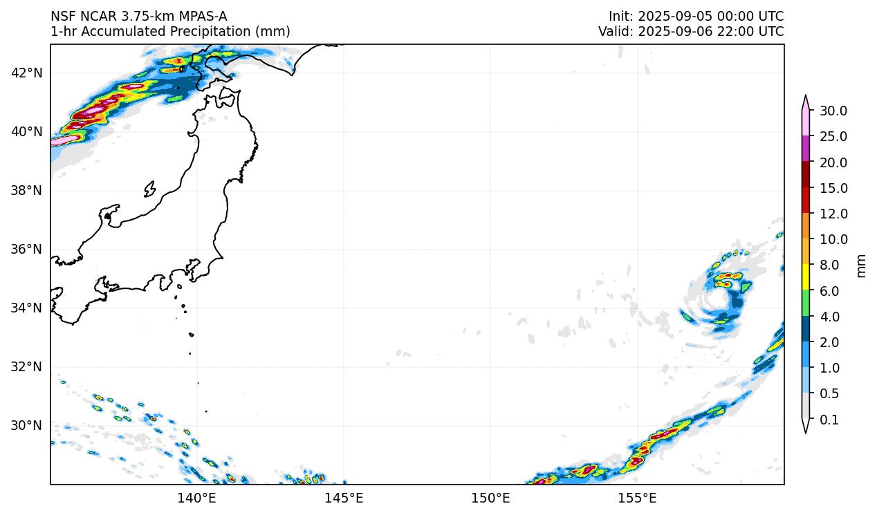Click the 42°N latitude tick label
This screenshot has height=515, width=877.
point(28,73)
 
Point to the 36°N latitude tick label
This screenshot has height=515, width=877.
point(28,249)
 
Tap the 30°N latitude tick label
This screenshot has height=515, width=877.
point(28,425)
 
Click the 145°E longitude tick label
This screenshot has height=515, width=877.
point(344,498)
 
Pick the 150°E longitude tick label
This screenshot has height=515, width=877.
point(490,498)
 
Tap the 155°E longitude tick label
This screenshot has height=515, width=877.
point(637,498)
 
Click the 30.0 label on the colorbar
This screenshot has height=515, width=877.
point(833,111)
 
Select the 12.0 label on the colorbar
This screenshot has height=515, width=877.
point(833,214)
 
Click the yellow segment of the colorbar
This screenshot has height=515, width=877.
point(806,277)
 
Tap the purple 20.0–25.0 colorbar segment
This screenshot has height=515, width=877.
point(806,149)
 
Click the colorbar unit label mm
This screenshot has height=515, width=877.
point(861,265)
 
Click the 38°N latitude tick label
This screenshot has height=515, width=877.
point(28,190)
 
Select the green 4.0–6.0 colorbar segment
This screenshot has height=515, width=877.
point(806,303)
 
